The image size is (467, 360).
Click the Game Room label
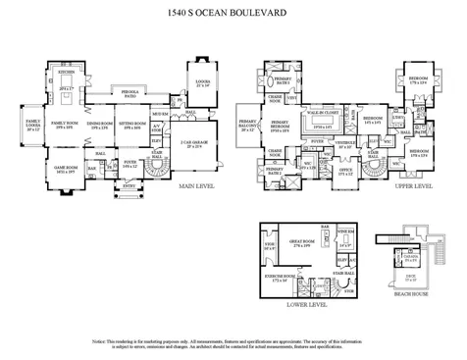pos(66,170)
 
